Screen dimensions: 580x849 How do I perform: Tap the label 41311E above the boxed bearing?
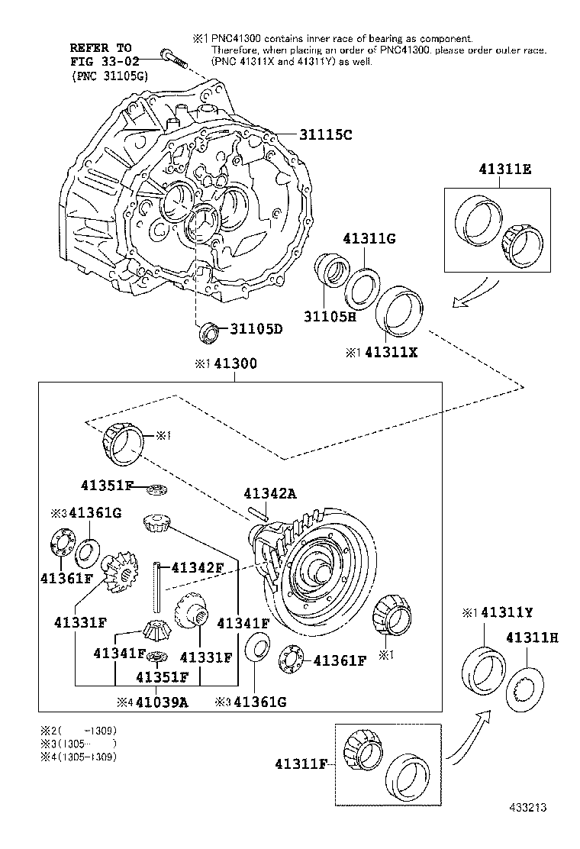(x=504, y=169)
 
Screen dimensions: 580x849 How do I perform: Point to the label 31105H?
(x=330, y=316)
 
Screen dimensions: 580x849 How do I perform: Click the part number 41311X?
(x=391, y=352)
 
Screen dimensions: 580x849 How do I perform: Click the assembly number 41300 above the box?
(x=235, y=363)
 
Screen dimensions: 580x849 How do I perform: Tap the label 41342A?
(x=270, y=493)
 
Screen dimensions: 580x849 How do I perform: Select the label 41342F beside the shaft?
(x=198, y=567)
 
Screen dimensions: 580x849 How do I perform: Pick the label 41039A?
(x=162, y=702)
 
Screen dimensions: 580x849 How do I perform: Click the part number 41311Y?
(x=507, y=612)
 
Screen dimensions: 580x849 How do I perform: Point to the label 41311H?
(x=533, y=638)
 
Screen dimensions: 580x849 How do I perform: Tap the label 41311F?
(x=301, y=764)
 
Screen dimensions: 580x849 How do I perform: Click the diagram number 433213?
(x=527, y=807)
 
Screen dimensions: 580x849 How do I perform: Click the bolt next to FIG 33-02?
(x=173, y=59)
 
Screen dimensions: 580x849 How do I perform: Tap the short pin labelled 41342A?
(x=258, y=513)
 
